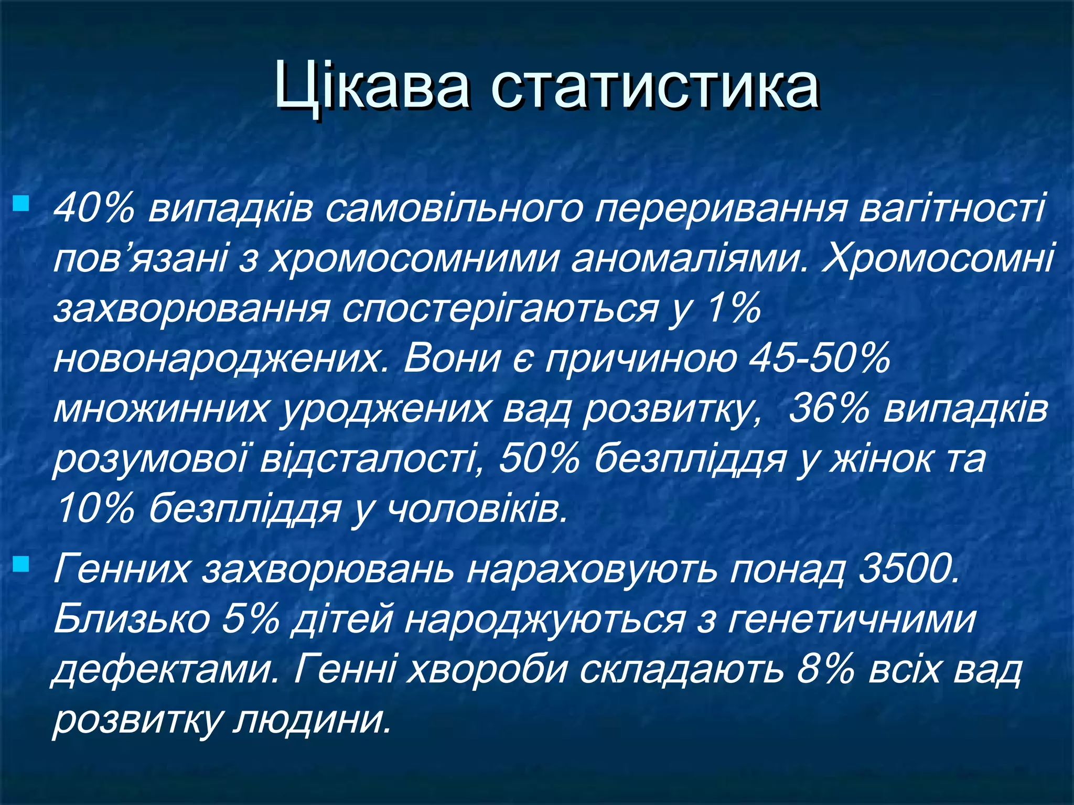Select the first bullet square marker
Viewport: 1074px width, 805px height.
tap(22, 203)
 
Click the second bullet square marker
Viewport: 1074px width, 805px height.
tap(22, 564)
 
